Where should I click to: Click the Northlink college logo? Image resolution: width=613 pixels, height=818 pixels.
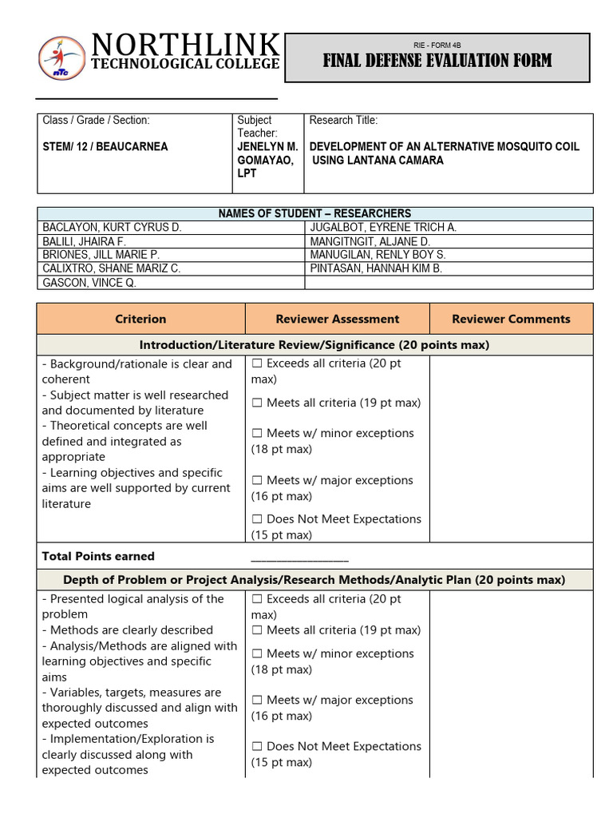(x=61, y=58)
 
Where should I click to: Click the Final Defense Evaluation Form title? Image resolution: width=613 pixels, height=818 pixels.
(x=437, y=62)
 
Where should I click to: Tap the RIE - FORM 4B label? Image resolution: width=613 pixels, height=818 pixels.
(x=437, y=45)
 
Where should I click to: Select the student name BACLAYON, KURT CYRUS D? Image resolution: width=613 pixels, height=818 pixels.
(x=112, y=228)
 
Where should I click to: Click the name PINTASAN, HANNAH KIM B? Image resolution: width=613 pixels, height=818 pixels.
(x=375, y=268)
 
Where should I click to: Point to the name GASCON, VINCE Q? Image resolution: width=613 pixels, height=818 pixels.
(x=89, y=283)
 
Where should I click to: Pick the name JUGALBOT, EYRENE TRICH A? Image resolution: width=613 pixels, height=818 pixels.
(x=382, y=228)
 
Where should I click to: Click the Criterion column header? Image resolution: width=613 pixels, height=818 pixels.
(x=140, y=319)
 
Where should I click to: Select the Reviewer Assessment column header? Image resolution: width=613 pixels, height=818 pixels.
(x=337, y=319)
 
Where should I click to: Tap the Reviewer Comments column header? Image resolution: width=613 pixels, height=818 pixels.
(x=511, y=319)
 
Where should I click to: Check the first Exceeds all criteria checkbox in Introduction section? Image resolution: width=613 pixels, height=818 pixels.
(x=257, y=364)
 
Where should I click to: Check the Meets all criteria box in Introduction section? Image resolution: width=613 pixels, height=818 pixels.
(x=257, y=403)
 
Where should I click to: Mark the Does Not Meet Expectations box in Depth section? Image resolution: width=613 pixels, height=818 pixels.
(x=257, y=747)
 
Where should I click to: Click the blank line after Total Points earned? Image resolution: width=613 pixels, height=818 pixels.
(x=299, y=558)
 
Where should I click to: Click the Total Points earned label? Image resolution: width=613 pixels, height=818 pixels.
(x=98, y=556)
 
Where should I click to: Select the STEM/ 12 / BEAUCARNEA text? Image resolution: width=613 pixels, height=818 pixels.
(x=105, y=147)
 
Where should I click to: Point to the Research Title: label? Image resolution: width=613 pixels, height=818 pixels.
(x=343, y=121)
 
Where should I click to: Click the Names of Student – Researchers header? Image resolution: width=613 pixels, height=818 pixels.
(x=315, y=213)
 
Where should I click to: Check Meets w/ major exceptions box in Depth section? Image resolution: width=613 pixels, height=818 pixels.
(x=257, y=701)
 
